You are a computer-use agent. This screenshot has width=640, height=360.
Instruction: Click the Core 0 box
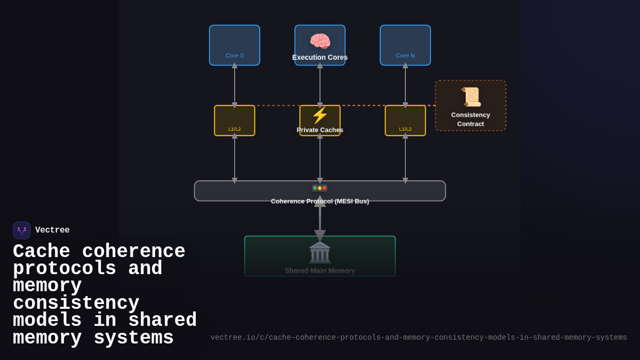(235, 45)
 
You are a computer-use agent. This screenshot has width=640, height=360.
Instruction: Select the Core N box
(405, 45)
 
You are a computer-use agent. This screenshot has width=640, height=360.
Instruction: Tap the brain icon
(320, 41)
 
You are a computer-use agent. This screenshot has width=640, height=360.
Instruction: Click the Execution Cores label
(320, 58)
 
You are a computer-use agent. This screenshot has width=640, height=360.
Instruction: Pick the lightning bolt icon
(320, 115)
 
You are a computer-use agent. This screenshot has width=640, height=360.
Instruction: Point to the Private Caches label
(320, 130)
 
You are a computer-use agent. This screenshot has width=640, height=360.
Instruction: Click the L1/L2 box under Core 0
(235, 121)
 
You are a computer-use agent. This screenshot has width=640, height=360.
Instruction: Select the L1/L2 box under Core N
(405, 121)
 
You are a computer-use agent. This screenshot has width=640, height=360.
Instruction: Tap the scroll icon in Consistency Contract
(471, 97)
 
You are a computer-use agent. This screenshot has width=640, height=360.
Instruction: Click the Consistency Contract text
(470, 119)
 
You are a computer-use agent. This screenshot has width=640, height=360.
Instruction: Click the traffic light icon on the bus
(319, 188)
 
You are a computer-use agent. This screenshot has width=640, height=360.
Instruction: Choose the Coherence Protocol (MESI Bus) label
(320, 202)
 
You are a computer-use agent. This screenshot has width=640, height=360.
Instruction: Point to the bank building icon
(319, 252)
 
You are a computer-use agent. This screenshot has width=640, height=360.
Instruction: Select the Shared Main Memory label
(320, 271)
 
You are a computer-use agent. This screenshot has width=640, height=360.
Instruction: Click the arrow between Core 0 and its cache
(235, 85)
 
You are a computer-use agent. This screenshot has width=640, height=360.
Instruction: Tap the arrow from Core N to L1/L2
(405, 85)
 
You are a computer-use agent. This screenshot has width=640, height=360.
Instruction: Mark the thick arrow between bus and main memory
(320, 219)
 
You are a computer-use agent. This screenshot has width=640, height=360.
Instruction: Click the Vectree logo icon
(22, 230)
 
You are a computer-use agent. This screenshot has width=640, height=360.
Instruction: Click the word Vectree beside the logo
(52, 230)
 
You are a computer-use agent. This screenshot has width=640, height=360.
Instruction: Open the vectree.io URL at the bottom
(419, 338)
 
